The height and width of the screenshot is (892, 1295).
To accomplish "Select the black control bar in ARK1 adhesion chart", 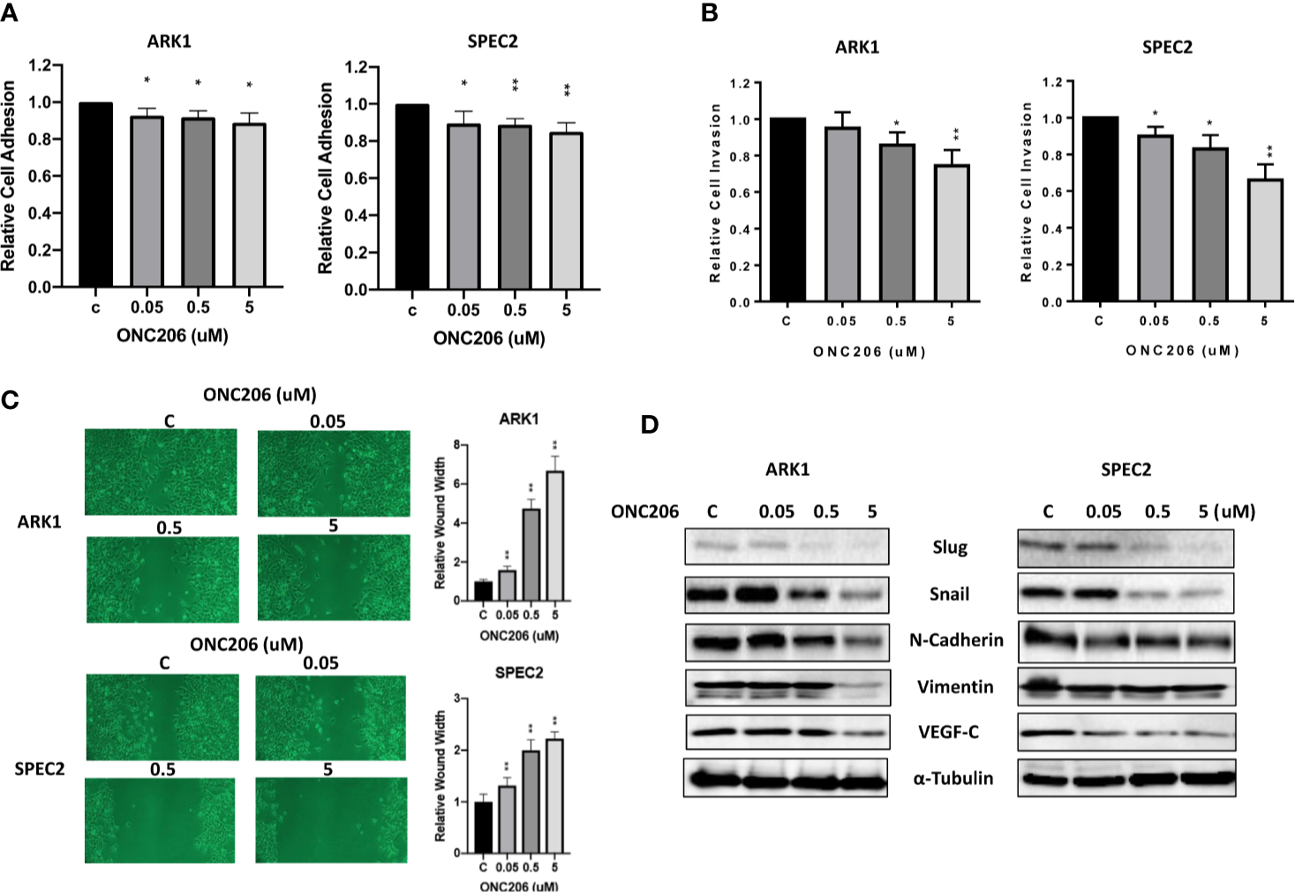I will click(x=95, y=194).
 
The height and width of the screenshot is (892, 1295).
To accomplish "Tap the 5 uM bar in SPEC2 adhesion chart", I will click(x=566, y=210).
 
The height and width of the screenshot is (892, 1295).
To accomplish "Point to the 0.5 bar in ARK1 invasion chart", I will click(x=896, y=223).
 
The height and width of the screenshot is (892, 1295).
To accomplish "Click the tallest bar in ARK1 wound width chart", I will click(x=554, y=535).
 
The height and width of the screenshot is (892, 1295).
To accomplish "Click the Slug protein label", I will click(x=950, y=548).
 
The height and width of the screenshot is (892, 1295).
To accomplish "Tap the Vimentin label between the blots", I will click(x=954, y=687).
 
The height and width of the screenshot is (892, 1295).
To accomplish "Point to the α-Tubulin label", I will click(x=952, y=779).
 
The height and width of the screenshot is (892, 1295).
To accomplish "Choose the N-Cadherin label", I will click(x=956, y=640).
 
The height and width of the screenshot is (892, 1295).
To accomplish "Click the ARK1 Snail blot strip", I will click(x=787, y=594).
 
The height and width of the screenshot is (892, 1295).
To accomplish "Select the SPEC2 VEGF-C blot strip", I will click(x=1126, y=732).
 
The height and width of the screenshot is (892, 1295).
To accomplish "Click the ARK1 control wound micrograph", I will click(x=161, y=472).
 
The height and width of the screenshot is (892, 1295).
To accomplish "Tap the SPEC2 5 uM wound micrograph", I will click(x=331, y=820).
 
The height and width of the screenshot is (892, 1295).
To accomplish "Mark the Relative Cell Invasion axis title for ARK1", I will click(x=715, y=193).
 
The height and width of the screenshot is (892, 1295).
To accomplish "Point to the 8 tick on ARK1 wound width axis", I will click(x=456, y=444).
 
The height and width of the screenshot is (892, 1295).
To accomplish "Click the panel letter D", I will click(x=649, y=425).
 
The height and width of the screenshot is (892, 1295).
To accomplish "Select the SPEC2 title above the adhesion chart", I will click(x=493, y=42).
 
